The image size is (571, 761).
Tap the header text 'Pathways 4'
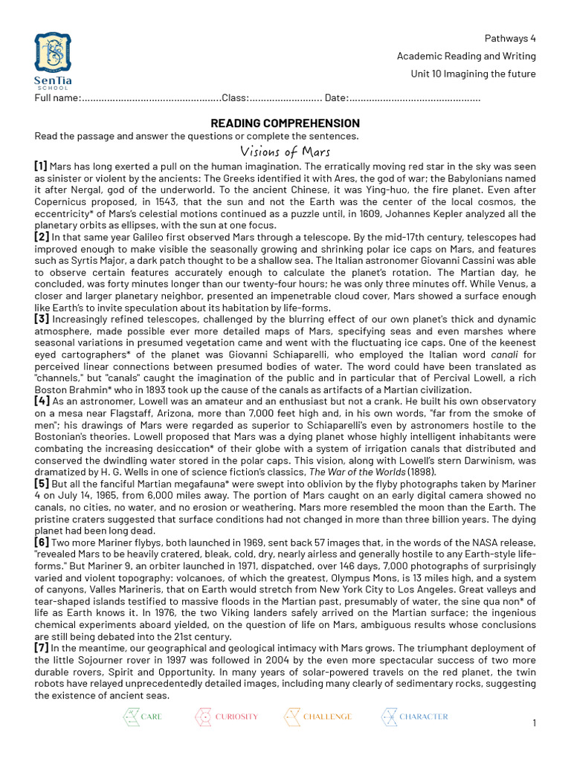click(x=510, y=39)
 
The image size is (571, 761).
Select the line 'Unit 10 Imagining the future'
click(x=473, y=74)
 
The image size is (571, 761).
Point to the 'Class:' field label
click(x=234, y=98)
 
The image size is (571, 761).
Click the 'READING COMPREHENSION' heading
click(x=285, y=123)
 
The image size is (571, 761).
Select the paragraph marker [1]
click(x=41, y=166)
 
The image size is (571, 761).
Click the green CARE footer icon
click(x=131, y=716)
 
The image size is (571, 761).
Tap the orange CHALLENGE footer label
click(x=327, y=716)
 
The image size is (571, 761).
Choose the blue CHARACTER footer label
click(x=424, y=716)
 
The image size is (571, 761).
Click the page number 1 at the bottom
click(x=535, y=723)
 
